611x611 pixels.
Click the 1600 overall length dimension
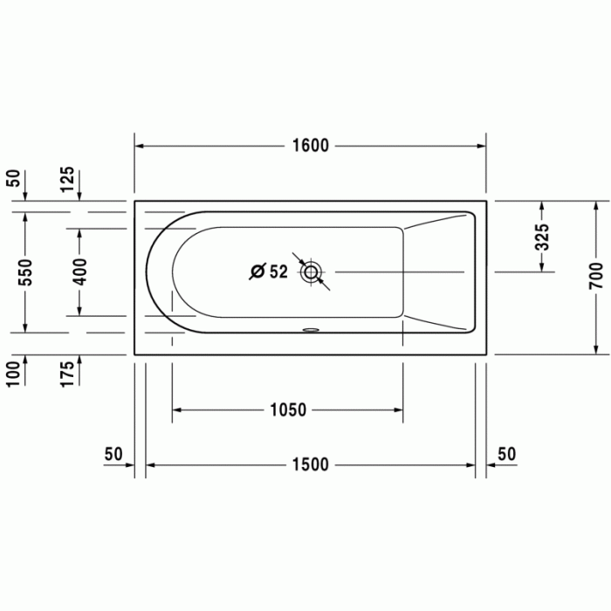tap(310, 146)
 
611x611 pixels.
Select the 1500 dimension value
tap(310, 465)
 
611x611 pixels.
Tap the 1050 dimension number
tap(288, 410)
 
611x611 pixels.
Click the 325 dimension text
tap(542, 238)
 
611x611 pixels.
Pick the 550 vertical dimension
tap(25, 273)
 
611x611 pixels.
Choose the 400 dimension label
tap(79, 273)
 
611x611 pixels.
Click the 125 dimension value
tap(68, 182)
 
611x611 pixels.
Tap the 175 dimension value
tap(68, 372)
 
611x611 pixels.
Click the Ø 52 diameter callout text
tap(268, 272)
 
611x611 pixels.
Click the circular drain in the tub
tap(311, 272)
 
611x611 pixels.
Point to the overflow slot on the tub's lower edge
tap(310, 330)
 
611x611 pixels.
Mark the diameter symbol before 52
tap(256, 272)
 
